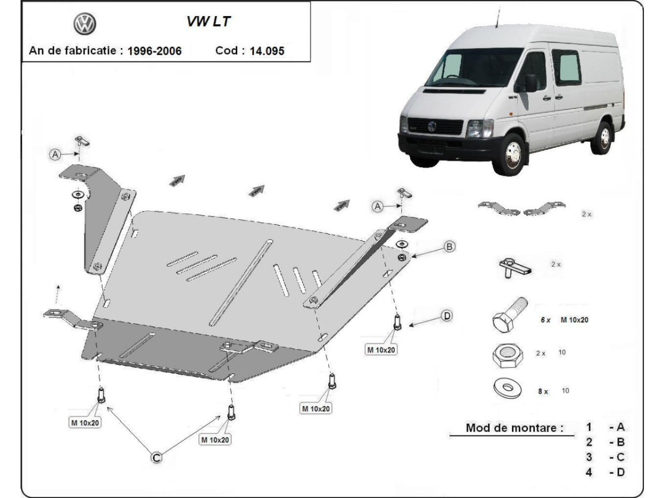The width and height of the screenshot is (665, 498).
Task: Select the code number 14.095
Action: coord(268,51)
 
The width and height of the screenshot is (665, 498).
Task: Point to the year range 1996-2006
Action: coord(154,51)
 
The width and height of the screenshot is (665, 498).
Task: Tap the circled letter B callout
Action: coord(449,246)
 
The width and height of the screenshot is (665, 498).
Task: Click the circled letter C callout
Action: coord(157,457)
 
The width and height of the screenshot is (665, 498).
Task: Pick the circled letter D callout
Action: coord(447,316)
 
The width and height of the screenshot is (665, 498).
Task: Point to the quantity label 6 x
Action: coord(545,320)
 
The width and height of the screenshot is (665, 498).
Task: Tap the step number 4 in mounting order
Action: coord(589,472)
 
